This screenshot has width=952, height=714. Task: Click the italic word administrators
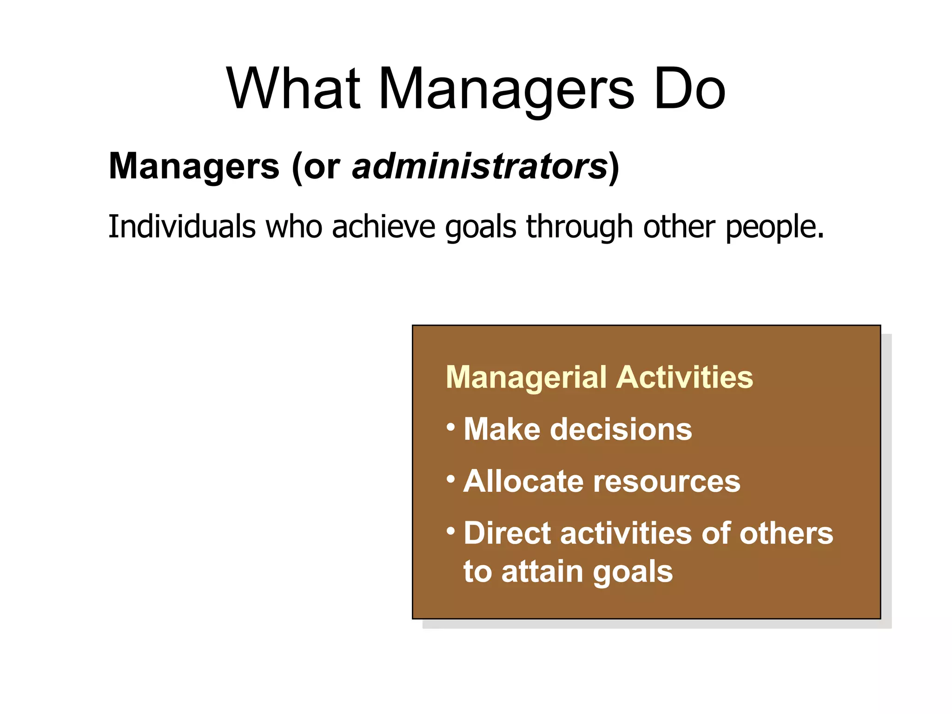[x=480, y=166]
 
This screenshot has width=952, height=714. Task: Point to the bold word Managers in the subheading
[x=194, y=166]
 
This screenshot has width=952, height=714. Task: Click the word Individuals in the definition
[x=182, y=226]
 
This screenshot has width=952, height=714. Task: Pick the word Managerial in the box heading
[x=526, y=377]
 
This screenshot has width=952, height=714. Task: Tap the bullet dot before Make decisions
[x=450, y=426]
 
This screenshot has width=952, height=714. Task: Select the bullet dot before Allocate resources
[x=450, y=478]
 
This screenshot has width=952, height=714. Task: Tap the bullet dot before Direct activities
[x=450, y=530]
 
